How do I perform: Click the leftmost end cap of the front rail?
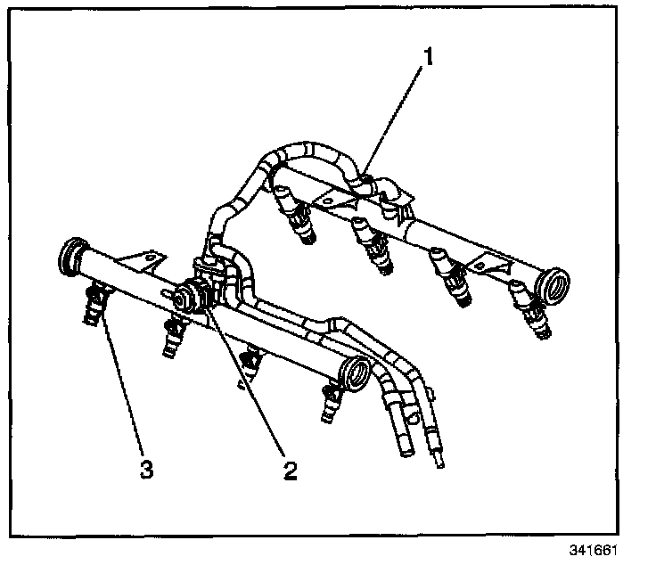tap(70, 256)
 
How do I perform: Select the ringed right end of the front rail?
tap(357, 373)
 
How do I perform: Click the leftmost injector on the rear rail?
tap(299, 219)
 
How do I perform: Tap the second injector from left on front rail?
tap(173, 337)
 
